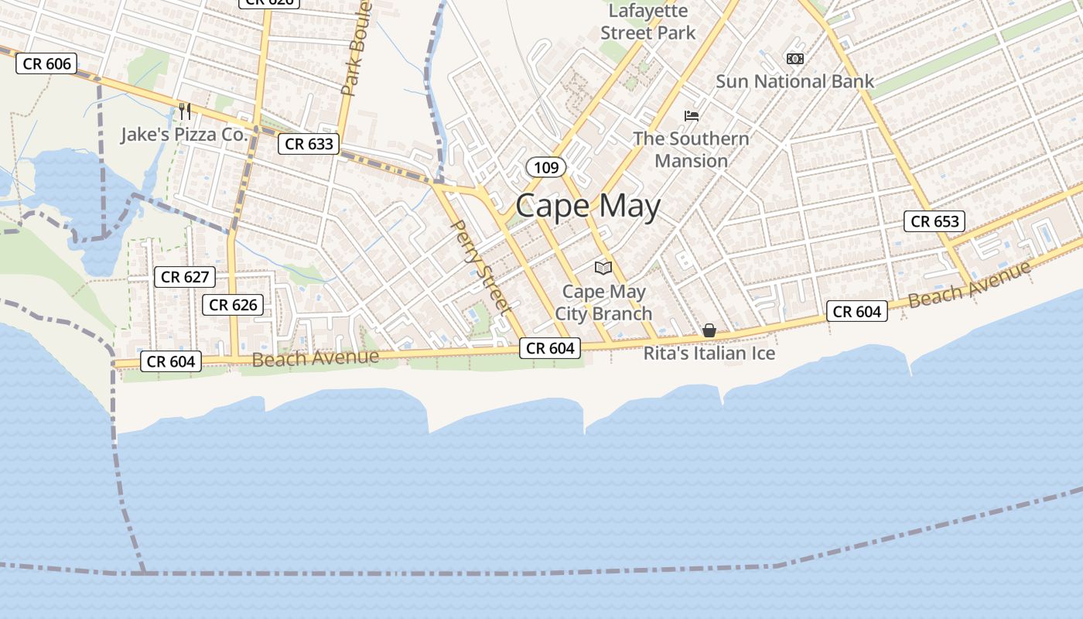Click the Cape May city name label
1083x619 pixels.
[588, 207]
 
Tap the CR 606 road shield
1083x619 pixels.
[47, 63]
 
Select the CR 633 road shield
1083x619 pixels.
[309, 143]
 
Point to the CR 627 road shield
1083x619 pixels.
[185, 276]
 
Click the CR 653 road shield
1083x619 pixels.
[934, 221]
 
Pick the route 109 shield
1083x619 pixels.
[546, 166]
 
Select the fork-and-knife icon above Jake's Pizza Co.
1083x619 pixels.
[185, 111]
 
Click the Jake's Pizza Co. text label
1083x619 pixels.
[184, 135]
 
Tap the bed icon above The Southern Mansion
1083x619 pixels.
[692, 116]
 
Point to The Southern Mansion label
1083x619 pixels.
[691, 149]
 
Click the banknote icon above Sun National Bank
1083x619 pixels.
[794, 59]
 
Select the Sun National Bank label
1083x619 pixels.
[794, 81]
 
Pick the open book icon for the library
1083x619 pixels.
[603, 268]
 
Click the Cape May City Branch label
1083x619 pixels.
[603, 303]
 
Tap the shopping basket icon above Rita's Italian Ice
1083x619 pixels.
[709, 331]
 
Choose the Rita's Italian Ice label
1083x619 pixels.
[709, 354]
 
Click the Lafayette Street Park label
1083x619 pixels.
[648, 22]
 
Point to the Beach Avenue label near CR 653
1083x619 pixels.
[970, 284]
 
